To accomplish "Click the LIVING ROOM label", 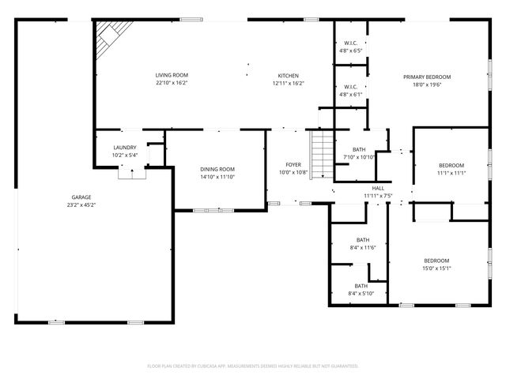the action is (172, 75).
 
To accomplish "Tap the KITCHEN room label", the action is (288, 76).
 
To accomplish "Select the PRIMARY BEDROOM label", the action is (427, 77).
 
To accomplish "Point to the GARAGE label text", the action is (81, 197).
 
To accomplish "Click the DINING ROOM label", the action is (217, 169).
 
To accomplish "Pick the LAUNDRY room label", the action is (125, 148).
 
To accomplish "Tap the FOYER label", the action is (293, 165).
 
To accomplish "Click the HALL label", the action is (378, 188).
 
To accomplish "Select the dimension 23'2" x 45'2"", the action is (81, 205).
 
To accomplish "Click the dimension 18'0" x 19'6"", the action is (427, 84).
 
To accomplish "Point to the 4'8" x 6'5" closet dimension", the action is (351, 51).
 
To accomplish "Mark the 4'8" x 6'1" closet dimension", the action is (351, 95).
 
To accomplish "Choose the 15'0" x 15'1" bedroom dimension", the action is (436, 268).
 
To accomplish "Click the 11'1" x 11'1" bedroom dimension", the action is (451, 173).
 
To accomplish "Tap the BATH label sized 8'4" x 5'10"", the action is (361, 286).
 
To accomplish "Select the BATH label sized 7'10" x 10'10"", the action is (359, 149).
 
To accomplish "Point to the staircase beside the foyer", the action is (322, 154).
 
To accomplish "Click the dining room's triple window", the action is (213, 211).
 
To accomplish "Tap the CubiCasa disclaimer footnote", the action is (253, 366).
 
